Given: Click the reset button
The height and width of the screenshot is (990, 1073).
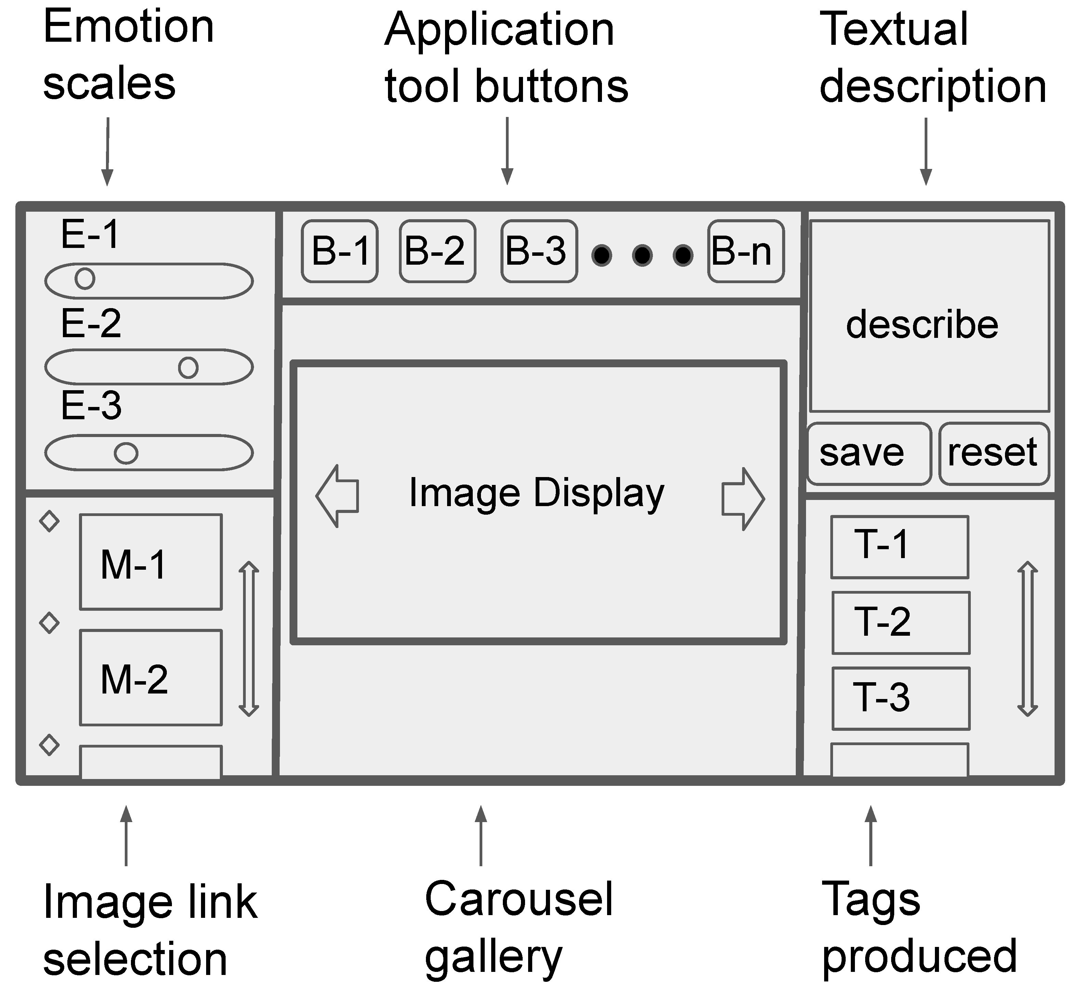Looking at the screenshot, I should (x=993, y=453).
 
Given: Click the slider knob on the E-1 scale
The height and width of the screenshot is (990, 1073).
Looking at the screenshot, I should (x=84, y=279).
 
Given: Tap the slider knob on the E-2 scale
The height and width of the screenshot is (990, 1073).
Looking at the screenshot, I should (x=188, y=368).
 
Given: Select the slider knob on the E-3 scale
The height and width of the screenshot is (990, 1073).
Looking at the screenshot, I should (x=126, y=453).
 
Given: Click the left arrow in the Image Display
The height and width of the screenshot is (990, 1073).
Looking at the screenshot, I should (x=338, y=496).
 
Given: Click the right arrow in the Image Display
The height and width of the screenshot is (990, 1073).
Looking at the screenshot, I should (x=743, y=498).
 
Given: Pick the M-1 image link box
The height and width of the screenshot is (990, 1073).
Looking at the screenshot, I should (x=150, y=562).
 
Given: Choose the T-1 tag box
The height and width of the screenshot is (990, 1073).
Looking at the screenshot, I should (x=899, y=546).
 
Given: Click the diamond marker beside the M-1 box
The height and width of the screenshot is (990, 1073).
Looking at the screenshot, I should (x=49, y=521).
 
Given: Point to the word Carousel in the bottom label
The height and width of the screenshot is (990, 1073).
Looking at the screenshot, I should (x=518, y=899).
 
